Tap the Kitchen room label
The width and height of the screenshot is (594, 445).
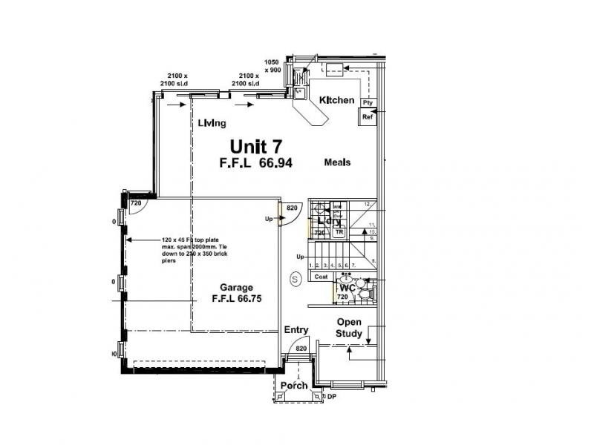tap(336, 100)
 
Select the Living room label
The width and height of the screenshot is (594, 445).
tap(212, 124)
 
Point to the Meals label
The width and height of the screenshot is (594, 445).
tap(337, 162)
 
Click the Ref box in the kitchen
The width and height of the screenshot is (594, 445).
tap(368, 117)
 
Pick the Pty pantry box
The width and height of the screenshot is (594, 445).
tap(368, 103)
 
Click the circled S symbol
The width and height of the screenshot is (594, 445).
tap(295, 279)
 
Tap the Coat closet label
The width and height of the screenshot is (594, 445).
tap(321, 277)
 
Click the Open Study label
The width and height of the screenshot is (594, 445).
tap(349, 328)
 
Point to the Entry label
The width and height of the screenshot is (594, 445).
tap(296, 330)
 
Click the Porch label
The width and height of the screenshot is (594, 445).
tap(294, 386)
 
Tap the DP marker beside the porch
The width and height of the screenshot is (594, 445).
tap(331, 398)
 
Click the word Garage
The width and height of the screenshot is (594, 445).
tap(236, 288)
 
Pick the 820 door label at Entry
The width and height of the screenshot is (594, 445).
tap(301, 348)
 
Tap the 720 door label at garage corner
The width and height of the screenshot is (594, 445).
tap(136, 203)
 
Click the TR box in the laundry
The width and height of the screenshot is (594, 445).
tap(339, 232)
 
